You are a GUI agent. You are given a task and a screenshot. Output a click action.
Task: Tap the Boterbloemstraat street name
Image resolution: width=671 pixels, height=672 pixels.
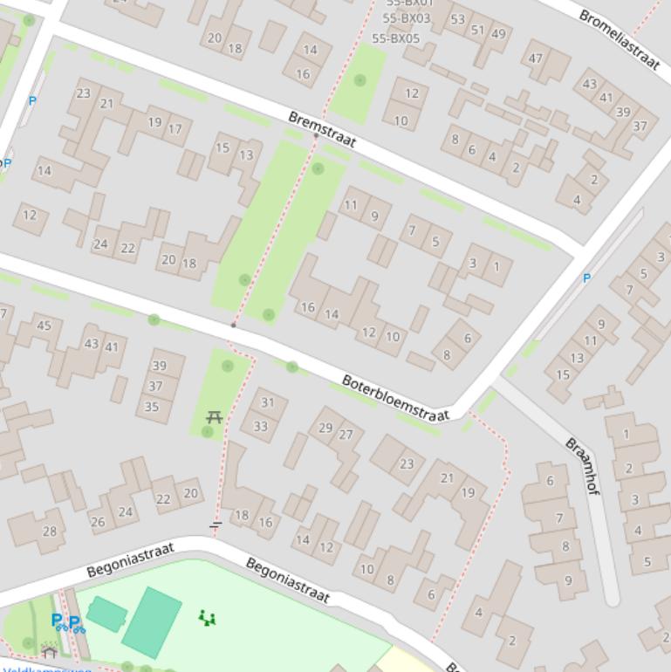click(395, 398)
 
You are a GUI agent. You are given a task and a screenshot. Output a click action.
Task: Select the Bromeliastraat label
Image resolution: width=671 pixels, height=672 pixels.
click(619, 41)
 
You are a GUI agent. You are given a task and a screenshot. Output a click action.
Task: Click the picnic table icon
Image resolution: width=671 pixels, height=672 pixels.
click(214, 418)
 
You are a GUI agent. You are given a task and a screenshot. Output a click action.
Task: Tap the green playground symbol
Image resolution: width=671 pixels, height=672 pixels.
click(207, 618)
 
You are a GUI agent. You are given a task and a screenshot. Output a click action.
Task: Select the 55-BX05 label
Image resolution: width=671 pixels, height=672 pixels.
click(395, 38)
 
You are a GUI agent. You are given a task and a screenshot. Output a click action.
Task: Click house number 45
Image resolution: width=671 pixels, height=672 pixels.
click(45, 326)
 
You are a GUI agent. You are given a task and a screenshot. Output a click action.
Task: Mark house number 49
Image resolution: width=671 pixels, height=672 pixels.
click(498, 34)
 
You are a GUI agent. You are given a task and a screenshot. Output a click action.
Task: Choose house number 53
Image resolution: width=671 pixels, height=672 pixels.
click(457, 19)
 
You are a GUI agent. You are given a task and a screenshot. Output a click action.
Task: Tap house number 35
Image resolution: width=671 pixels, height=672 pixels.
click(152, 407)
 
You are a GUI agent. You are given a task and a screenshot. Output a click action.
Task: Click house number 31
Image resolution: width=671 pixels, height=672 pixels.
click(267, 402)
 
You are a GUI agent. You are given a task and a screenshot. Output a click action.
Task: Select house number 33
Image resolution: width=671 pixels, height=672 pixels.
click(260, 427)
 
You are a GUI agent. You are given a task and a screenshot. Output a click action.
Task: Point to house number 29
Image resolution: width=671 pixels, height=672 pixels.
click(325, 427)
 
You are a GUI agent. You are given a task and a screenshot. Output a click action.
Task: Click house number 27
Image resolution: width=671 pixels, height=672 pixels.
click(346, 435)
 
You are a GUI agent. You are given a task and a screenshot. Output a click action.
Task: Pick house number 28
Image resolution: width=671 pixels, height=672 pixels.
click(49, 531)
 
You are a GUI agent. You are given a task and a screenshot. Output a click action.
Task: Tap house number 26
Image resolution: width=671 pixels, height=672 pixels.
click(98, 523)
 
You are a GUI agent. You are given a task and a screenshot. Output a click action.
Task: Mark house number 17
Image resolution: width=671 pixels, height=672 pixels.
click(175, 129)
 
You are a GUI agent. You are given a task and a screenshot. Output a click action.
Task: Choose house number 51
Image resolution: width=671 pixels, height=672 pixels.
click(477, 30)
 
